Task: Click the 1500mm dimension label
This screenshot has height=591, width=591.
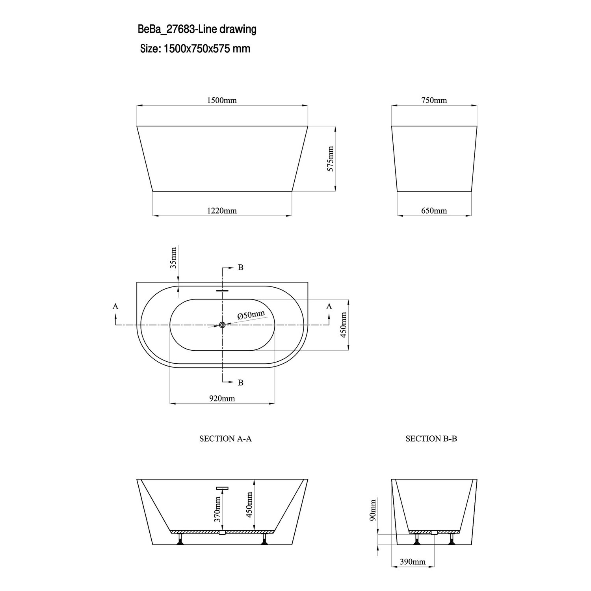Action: coord(222,100)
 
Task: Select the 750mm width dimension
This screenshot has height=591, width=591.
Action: coord(434,100)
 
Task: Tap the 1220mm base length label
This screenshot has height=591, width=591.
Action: coord(222,211)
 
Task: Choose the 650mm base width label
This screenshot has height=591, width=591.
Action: coord(434,211)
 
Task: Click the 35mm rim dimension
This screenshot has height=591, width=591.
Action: coord(173,258)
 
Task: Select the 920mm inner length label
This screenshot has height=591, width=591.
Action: coord(222,398)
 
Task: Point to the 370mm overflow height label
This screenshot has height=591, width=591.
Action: coord(217,509)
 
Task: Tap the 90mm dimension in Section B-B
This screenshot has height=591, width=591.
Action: coord(373,510)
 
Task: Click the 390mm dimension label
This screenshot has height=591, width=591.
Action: coord(413,561)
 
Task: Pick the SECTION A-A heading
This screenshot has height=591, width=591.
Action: coord(225,439)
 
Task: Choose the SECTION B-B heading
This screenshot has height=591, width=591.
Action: coord(431,439)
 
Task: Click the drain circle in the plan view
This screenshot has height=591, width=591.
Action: coord(222,325)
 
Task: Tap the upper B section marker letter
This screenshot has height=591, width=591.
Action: coord(240,268)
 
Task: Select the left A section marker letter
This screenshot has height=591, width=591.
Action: coord(115,306)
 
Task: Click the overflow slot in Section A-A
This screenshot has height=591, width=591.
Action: coord(222,489)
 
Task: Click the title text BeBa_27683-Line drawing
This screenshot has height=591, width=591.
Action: coord(197,29)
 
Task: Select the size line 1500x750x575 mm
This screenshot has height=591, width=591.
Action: coord(195,49)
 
